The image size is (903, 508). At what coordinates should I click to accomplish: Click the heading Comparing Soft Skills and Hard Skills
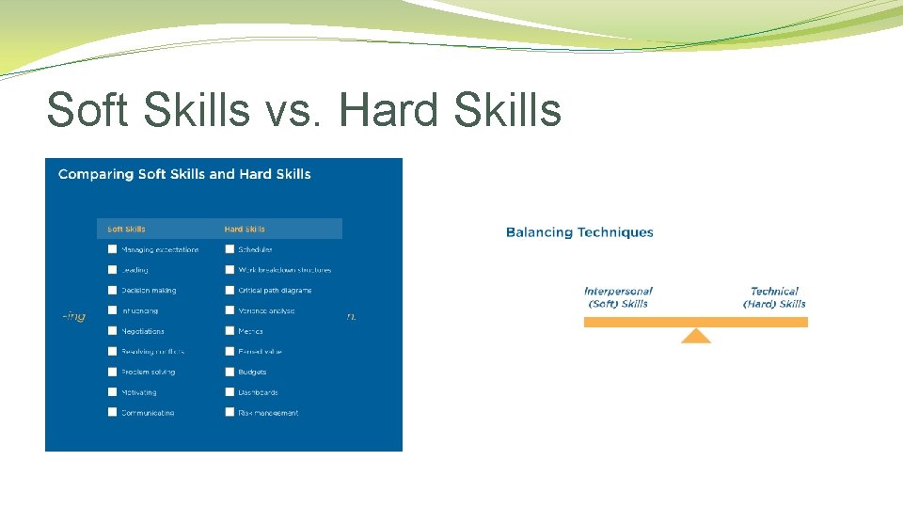tap(184, 174)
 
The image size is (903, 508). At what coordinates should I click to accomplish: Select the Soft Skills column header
tap(126, 229)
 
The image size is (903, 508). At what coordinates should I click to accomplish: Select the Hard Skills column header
tap(245, 229)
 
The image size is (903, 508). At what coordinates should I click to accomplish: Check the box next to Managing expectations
tap(112, 249)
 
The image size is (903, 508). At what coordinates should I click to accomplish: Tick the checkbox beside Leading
tap(112, 270)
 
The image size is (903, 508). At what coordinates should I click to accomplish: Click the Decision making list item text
tap(149, 291)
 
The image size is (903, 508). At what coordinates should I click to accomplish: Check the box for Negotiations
tap(112, 331)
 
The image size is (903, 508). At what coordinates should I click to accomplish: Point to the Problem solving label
tap(148, 372)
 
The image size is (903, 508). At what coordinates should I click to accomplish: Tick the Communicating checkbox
tap(112, 412)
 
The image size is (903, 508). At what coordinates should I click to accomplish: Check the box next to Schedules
tap(230, 249)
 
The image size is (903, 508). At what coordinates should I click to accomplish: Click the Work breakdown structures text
tap(284, 270)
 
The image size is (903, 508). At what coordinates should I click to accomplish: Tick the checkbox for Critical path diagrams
tap(230, 291)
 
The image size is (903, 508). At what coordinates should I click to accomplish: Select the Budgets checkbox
tap(230, 372)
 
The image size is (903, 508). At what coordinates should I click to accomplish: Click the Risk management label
tap(268, 413)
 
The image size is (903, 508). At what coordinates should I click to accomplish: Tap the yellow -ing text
tap(73, 316)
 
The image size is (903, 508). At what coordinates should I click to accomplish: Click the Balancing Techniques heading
tap(579, 232)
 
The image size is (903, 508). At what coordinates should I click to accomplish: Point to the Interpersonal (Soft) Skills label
tap(618, 297)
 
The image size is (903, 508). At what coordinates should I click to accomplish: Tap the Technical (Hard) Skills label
tap(774, 297)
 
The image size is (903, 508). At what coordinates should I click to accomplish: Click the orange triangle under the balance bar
tap(696, 336)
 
